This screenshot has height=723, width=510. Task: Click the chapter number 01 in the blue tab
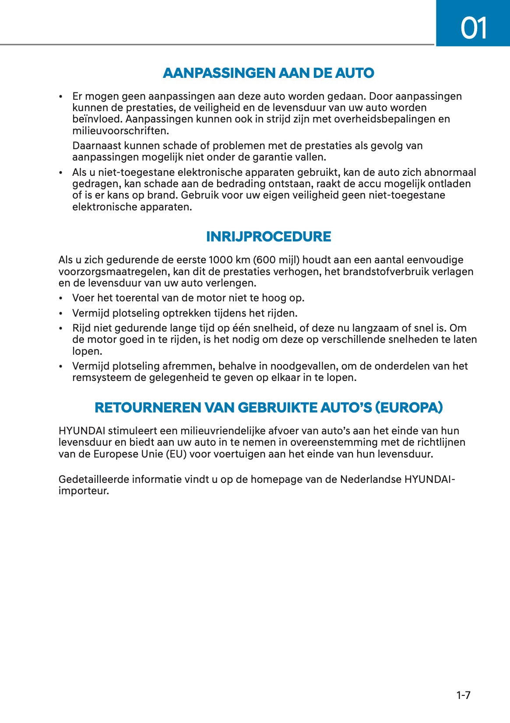click(474, 28)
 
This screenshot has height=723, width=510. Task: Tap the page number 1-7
click(463, 695)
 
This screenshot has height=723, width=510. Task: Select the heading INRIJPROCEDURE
click(268, 237)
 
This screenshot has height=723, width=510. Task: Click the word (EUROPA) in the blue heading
click(408, 408)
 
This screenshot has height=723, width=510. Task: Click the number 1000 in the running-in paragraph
click(222, 260)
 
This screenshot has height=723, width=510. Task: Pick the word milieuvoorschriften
click(120, 131)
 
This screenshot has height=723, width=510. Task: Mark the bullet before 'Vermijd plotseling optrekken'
click(61, 314)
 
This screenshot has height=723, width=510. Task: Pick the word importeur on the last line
click(83, 491)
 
